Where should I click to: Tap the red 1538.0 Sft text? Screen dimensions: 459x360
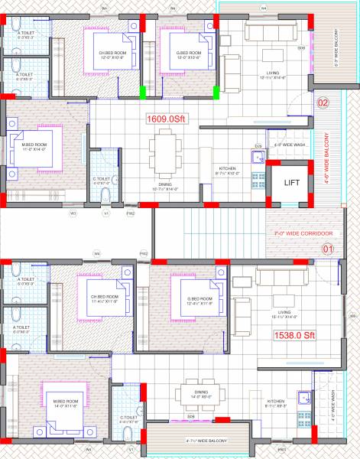294,334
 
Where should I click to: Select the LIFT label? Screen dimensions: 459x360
291,183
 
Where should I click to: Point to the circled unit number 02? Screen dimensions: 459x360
323,103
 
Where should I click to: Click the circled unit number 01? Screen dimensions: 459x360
329,249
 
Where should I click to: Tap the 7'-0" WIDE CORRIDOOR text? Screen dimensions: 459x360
300,233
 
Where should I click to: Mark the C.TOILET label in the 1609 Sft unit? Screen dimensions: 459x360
102,180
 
